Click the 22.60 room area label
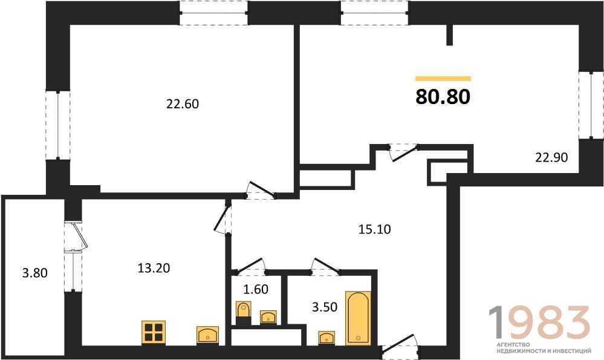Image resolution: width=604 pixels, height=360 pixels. coord(183,104)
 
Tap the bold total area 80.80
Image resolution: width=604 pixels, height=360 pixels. coord(443,96)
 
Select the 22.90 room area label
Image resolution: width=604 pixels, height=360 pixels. coord(551,157)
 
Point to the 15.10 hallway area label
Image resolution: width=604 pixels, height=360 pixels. coord(374,229)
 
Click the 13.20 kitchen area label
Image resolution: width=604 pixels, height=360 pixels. coord(154,268)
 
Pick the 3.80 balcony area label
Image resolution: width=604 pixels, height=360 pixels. coord(34,273)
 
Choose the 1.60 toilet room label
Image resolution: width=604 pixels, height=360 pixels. coord(256,289)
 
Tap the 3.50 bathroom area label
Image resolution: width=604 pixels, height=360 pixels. coord(324,307)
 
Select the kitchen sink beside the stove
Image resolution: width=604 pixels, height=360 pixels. coord(207,335)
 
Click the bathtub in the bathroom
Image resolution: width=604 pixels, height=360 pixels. coord(359,318)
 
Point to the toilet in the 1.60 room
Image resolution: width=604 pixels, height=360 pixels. coord(243,313)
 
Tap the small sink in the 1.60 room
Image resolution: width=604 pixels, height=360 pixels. coord(268,317)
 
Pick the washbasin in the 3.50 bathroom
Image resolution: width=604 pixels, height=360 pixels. coord(326,338)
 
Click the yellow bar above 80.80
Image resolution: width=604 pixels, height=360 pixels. coord(443,79)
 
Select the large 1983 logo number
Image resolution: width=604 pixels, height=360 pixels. coord(539,322)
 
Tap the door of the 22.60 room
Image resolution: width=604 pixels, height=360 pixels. coord(261,191)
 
